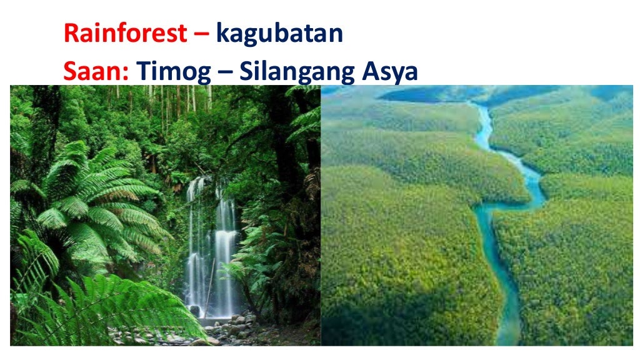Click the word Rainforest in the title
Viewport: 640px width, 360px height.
coord(124,34)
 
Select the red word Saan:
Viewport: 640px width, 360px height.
coord(96,72)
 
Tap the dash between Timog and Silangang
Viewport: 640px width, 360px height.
coord(226,74)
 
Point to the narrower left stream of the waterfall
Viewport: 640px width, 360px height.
coord(196,250)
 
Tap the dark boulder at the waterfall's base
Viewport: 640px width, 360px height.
coord(195,311)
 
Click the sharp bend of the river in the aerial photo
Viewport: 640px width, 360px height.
coord(484,209)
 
